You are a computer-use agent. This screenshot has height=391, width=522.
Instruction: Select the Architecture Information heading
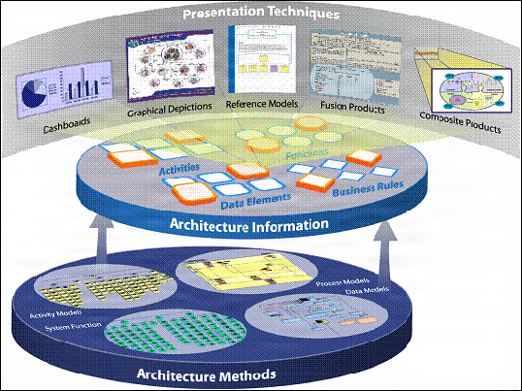coord(259,225)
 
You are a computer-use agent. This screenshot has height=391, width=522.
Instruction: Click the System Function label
coord(69,329)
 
